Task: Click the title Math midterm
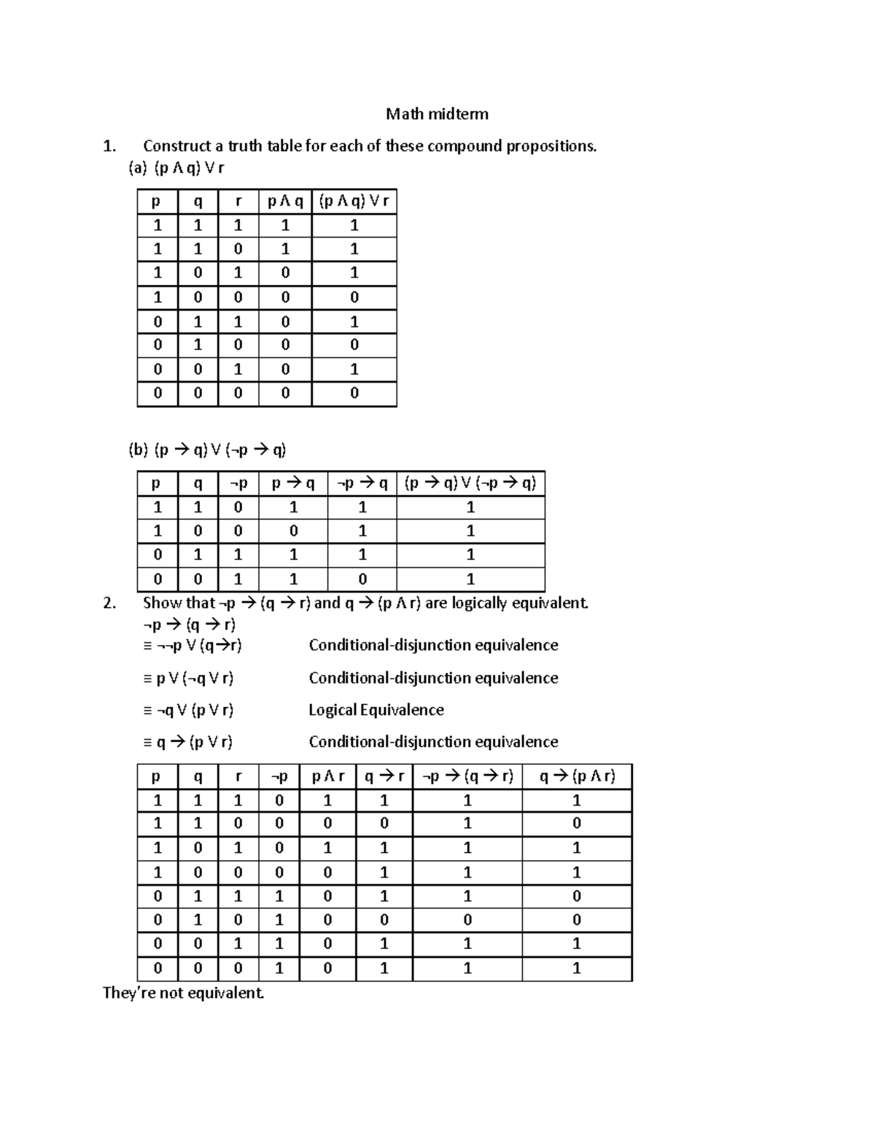pos(437,114)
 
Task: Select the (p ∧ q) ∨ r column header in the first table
pos(354,202)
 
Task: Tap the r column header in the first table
pos(238,202)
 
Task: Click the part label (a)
pos(138,168)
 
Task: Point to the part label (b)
pos(138,450)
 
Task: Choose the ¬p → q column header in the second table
pos(362,483)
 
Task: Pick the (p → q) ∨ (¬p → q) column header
pos(470,483)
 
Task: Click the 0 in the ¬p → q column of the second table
pos(362,579)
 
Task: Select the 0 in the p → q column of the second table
pos(293,531)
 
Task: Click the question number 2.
pos(109,603)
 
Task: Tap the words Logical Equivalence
pos(376,710)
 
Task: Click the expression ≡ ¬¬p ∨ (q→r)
pos(192,646)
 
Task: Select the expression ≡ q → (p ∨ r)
pos(188,742)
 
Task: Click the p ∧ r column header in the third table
pos(327,776)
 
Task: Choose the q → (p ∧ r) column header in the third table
pos(576,776)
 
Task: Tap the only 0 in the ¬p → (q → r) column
pos(467,920)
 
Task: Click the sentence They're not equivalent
pos(183,993)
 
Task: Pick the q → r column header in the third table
pos(384,776)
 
